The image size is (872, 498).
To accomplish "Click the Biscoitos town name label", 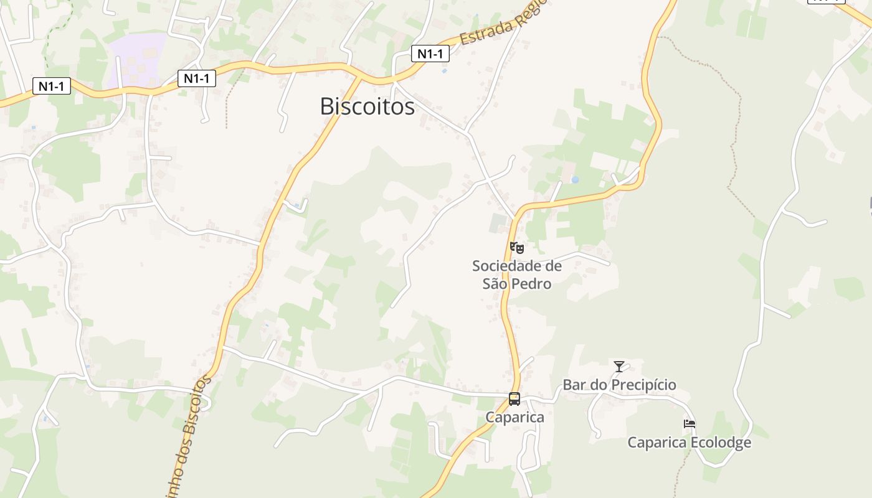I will coord(367,106).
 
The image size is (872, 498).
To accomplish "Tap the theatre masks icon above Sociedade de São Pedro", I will coord(517,248).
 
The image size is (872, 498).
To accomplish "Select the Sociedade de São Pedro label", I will coord(517,275).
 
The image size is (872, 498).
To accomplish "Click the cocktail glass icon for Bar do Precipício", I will coord(618,367).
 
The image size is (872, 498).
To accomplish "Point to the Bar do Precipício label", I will coord(619,385).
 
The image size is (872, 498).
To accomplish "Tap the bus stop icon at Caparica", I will coord(514,399).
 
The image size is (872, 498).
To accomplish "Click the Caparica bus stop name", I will coord(514,417).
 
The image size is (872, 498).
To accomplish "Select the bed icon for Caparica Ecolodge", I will coord(689,425).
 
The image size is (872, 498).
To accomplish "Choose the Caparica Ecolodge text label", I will coord(689,443).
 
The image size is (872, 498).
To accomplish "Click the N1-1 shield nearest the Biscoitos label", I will coord(430,54).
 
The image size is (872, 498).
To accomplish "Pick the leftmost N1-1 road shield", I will coord(51,86).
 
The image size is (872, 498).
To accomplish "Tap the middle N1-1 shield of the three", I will coord(197,78).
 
